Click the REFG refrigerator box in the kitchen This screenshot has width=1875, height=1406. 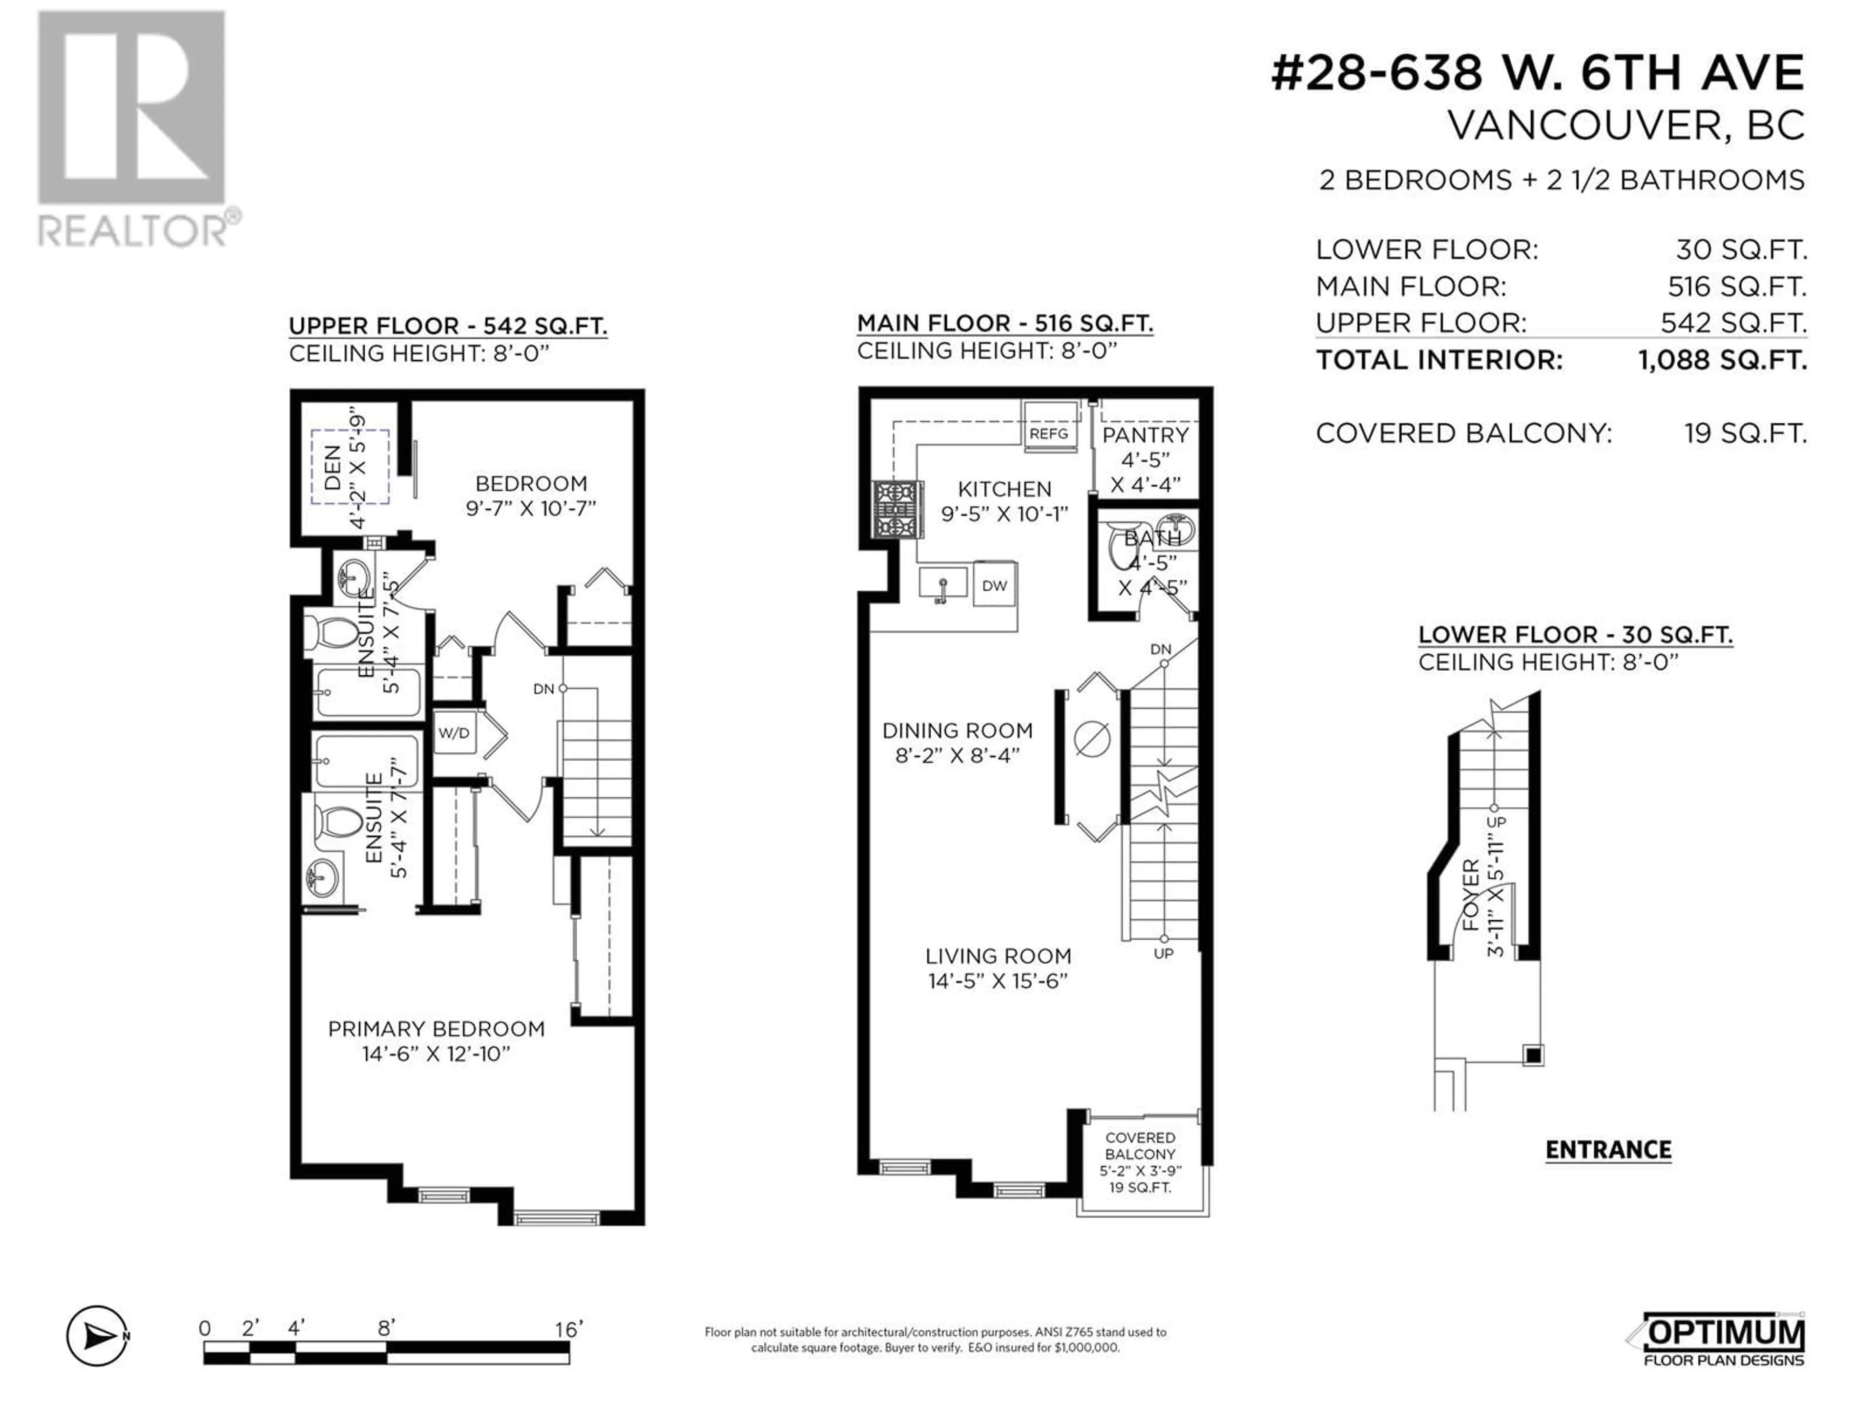1049,422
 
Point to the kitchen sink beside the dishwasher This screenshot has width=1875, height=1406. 942,583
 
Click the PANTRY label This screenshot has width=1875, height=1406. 1145,435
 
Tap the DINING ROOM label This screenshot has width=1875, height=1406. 957,730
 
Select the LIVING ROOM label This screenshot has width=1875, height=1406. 998,956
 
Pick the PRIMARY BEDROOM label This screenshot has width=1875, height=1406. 436,1029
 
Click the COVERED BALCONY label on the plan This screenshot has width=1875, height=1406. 1140,1146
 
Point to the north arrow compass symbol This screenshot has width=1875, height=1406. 98,1337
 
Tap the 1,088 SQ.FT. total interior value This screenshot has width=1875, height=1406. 1723,360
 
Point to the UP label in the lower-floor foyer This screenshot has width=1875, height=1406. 1496,822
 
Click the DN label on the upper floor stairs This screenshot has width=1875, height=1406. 543,689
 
